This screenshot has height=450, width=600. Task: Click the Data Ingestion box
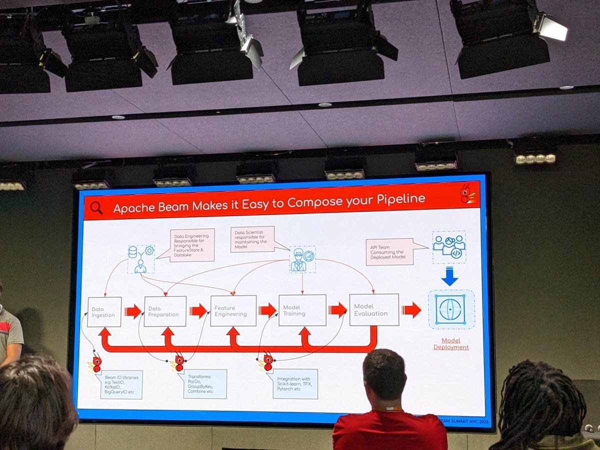[104, 312]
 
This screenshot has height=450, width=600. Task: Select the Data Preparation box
[165, 311]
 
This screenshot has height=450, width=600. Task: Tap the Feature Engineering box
[233, 310]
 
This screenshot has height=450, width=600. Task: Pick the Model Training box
[302, 310]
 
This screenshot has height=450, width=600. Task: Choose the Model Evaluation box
[373, 309]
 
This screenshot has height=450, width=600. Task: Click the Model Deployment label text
[451, 343]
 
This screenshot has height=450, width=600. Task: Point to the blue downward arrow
[449, 276]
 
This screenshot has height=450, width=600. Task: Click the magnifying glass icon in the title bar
[96, 207]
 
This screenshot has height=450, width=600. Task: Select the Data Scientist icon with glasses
[302, 259]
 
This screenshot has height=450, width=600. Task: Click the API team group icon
[449, 246]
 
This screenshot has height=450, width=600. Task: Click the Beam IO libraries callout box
[121, 384]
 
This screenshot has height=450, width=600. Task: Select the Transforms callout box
[205, 383]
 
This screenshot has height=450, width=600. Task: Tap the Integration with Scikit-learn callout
[295, 383]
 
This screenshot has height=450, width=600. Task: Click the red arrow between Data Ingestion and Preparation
[133, 311]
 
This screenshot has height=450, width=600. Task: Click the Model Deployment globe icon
[451, 309]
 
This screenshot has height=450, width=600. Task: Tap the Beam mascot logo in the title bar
[468, 193]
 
